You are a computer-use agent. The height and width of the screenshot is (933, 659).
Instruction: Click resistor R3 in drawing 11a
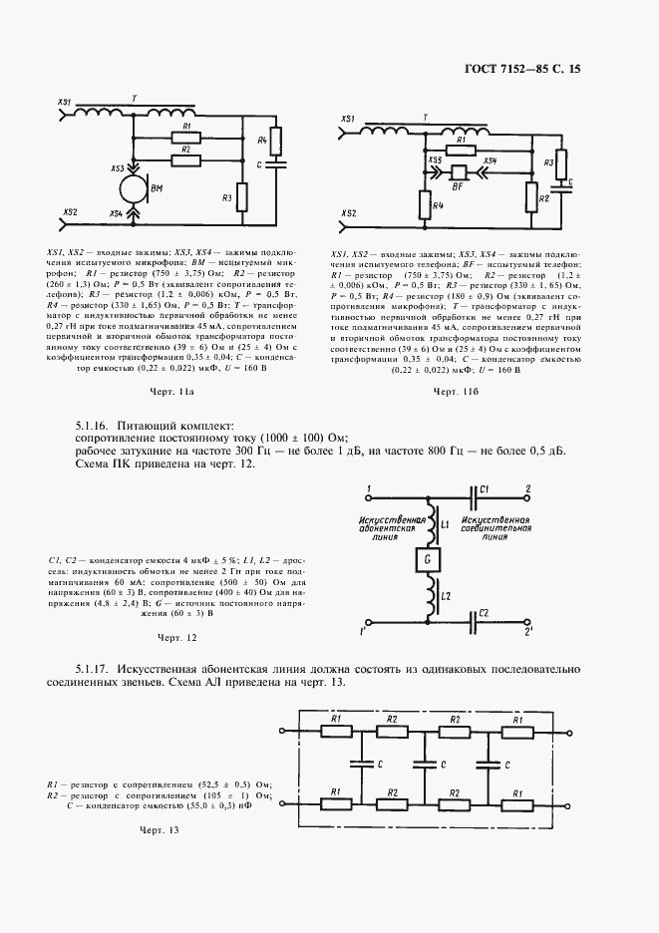(x=240, y=197)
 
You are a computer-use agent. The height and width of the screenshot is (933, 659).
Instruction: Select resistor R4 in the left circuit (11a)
(x=278, y=146)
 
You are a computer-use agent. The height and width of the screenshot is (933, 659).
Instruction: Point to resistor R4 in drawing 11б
(x=422, y=206)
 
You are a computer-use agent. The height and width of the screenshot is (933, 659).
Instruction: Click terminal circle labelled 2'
(x=526, y=630)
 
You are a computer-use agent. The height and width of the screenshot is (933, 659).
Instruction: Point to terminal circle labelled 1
(x=371, y=495)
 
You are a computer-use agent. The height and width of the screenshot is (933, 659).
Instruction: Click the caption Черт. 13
(x=159, y=831)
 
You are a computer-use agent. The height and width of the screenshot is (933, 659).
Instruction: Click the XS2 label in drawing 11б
(x=349, y=213)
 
